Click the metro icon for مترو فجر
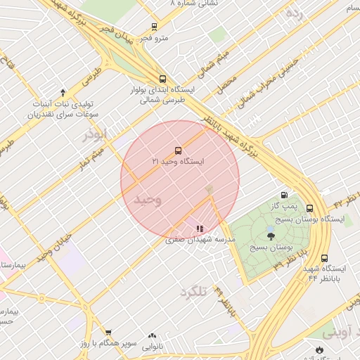(154, 27)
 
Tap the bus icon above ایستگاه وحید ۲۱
(177, 150)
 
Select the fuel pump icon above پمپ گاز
(284, 195)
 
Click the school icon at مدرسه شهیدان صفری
(200, 229)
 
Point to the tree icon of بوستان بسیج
(271, 236)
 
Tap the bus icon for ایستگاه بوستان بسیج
(309, 208)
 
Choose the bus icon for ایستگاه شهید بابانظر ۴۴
(324, 258)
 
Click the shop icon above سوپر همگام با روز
(108, 333)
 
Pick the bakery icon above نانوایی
(152, 336)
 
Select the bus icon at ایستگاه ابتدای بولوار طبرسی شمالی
(162, 79)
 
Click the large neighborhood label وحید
(148, 200)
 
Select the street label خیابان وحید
(56, 245)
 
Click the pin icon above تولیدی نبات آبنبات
(63, 93)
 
